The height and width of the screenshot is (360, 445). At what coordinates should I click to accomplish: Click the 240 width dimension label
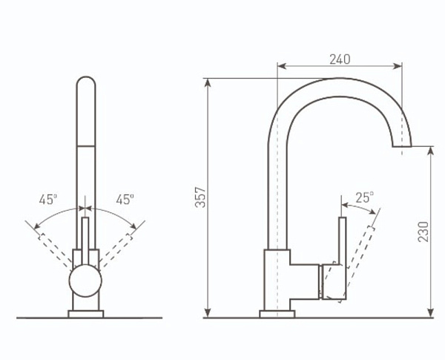340,59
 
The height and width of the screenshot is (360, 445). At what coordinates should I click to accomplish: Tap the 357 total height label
201,197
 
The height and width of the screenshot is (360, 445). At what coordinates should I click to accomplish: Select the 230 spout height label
423,232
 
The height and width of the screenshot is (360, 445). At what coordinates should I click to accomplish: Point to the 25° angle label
365,197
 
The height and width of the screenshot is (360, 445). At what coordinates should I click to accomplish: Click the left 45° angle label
48,199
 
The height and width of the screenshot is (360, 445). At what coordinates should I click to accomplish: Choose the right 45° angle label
125,199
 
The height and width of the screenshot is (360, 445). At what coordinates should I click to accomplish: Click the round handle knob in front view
85,281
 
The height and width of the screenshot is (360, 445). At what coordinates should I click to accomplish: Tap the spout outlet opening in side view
402,147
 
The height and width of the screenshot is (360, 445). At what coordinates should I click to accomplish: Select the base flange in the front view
86,314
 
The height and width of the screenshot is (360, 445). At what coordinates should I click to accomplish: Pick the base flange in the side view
277,314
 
